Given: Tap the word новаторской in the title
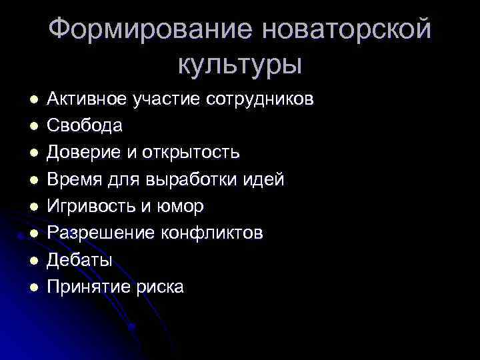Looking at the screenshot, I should [346, 29].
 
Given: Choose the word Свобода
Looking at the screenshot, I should [85, 126].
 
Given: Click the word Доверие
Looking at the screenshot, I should [85, 153].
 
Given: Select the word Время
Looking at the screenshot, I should [77, 179].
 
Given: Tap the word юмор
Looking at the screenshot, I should [179, 207].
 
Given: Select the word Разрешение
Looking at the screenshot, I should [98, 233].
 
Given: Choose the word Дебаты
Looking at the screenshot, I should [80, 260].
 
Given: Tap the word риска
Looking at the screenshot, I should [159, 287].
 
